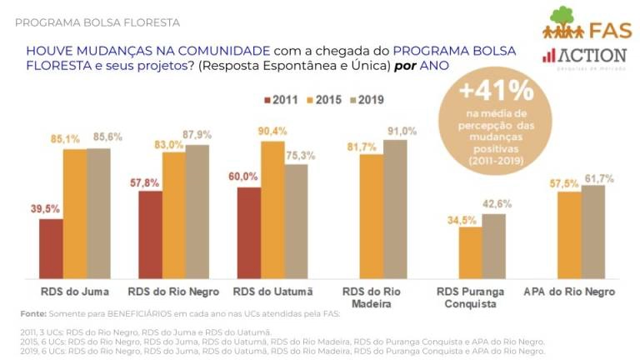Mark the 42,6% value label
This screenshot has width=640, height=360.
[x=496, y=204]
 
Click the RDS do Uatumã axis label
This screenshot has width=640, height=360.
[x=272, y=292]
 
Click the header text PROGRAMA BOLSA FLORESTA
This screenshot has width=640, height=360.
[x=97, y=22]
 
